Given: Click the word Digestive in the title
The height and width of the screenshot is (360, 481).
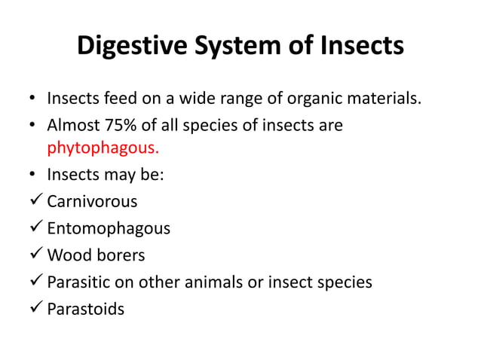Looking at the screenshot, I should pyautogui.click(x=136, y=47).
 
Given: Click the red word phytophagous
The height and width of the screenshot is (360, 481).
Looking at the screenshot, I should pyautogui.click(x=98, y=146).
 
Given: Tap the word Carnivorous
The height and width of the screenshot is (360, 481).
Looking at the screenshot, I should pyautogui.click(x=92, y=202).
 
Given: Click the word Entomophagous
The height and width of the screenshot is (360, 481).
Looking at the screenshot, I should pyautogui.click(x=109, y=228).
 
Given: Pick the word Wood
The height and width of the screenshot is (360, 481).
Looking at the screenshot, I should pyautogui.click(x=66, y=255).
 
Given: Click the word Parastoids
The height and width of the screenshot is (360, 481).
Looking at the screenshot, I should pyautogui.click(x=86, y=309).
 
